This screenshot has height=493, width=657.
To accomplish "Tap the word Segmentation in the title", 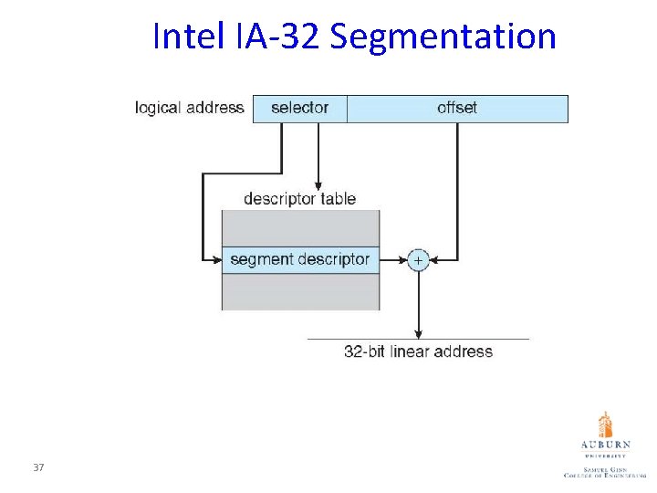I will pos(443,37).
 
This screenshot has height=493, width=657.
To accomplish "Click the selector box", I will pos(299,109).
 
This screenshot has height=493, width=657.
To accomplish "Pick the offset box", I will pos(457,109).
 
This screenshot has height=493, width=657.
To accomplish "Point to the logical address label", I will pos(189,108).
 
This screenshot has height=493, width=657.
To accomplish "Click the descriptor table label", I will pos(299,198).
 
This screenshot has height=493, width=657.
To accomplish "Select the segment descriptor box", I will pos(300,259).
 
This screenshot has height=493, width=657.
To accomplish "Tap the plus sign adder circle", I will pos(418,260).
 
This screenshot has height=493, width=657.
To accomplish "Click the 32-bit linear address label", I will pos(418,351).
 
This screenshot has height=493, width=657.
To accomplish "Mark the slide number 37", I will pos(38,467).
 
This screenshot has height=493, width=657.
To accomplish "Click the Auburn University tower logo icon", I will pos(605,425).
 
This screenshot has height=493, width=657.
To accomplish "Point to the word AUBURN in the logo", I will pos(605,446).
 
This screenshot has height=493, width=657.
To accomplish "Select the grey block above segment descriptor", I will pos(300,227).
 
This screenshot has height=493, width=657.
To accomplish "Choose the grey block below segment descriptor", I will pos(300,292).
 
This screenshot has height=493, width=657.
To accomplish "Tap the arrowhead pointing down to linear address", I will pos(418,333).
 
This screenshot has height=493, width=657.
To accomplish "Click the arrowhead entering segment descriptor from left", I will pos(217,260).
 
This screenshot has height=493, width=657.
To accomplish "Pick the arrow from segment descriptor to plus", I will pos(393,260).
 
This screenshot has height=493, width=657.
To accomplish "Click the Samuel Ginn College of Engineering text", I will pos(605,471).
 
